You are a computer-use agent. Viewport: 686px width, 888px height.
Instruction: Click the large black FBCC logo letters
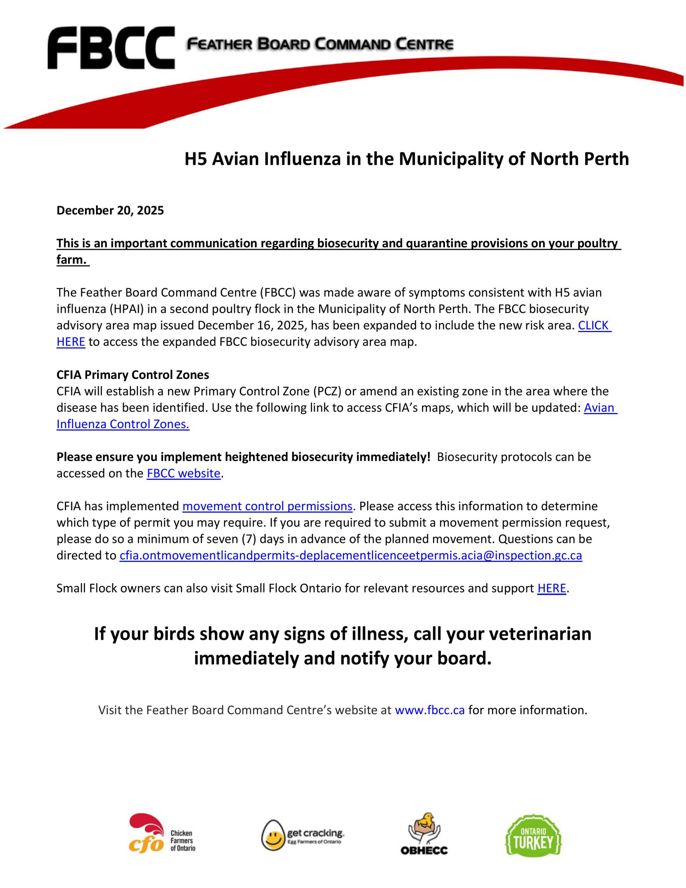111,48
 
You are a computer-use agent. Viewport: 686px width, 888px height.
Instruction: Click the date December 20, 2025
110,210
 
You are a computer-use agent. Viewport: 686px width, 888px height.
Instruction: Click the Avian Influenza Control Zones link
123,424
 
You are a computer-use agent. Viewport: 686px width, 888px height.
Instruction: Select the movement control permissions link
268,506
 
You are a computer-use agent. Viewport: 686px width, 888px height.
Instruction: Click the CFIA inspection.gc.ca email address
351,555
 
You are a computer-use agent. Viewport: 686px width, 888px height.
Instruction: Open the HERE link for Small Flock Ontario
551,588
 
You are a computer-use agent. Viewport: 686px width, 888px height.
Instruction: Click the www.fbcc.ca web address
429,710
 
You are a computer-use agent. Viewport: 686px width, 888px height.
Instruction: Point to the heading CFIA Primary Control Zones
132,375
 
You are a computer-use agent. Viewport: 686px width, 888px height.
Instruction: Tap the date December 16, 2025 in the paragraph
251,325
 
